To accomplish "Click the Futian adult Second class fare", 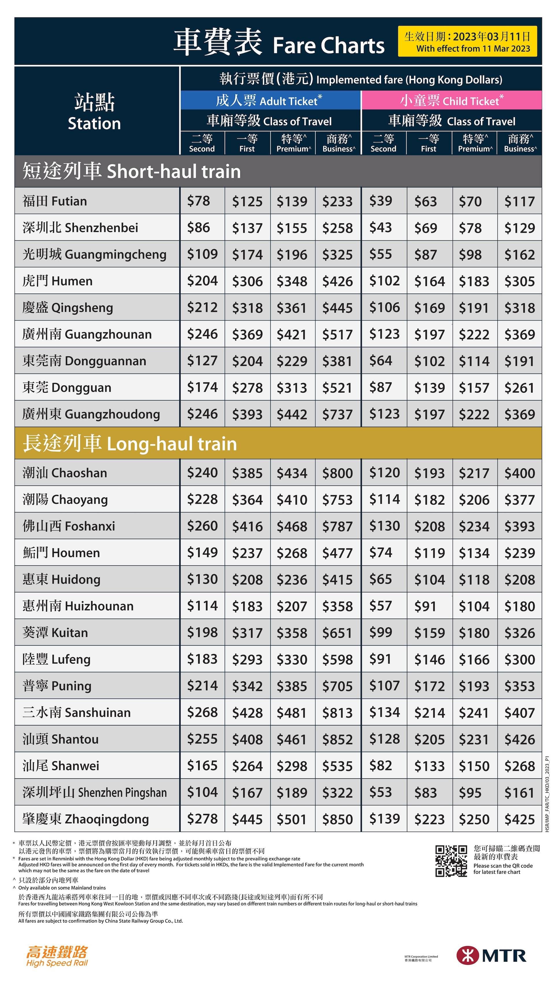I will coord(198,201).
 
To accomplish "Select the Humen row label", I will coord(58,281).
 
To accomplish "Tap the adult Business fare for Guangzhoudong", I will coord(337,414).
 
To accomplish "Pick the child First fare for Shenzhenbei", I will coord(425,228).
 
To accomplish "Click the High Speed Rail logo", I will coord(57,955).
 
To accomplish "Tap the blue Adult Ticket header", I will coord(270,101).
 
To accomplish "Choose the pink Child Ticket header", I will coord(451,101).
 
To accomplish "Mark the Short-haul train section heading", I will coord(131,171).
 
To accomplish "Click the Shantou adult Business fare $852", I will coord(337,739).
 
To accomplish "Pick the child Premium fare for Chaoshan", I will coord(474,473).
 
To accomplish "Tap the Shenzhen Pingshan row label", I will coord(94,792).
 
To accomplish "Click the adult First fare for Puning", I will coord(247,686).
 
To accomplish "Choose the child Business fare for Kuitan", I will coord(519,632).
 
